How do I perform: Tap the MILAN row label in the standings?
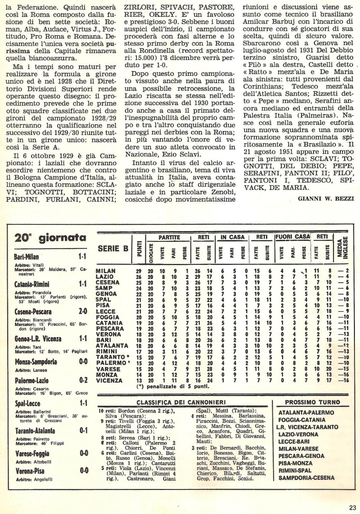tap(106, 271)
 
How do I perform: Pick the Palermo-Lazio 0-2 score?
tap(83, 380)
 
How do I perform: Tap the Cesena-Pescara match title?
tap(33, 312)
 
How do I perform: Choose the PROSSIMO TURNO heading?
tap(312, 403)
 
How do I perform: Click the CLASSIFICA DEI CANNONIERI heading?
tap(181, 403)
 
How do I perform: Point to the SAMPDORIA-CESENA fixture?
tap(306, 478)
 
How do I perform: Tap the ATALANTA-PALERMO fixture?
tap(306, 412)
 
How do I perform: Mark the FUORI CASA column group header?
tap(293, 237)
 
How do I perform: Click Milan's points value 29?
tap(139, 271)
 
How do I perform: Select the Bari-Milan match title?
tap(26, 257)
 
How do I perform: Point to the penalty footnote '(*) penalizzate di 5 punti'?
tap(173, 387)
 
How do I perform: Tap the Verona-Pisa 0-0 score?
tap(84, 471)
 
